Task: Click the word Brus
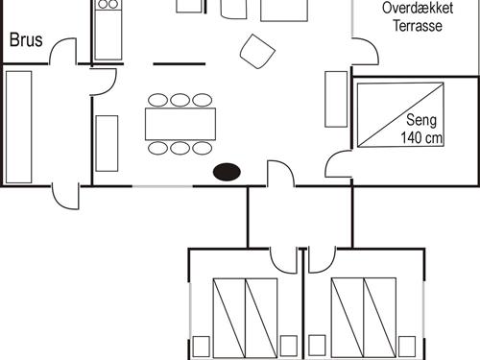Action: point(26,40)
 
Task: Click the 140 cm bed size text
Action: point(421,137)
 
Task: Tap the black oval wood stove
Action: point(227,172)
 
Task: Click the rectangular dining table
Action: point(180,124)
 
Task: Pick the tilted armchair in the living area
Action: point(257,51)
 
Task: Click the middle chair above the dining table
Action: point(180,100)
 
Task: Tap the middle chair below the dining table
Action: point(180,148)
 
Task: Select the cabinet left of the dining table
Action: point(107,143)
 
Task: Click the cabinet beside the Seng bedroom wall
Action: point(336,100)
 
